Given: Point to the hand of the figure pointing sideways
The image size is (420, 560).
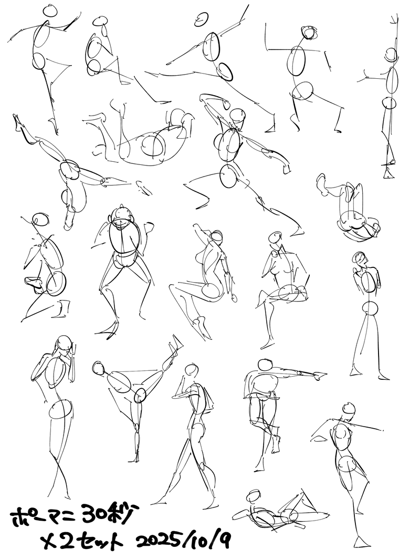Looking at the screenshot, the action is [x=319, y=375].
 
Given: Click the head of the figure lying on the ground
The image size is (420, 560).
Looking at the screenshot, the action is [x=254, y=496].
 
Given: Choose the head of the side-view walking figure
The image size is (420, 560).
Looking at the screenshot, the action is [x=191, y=370].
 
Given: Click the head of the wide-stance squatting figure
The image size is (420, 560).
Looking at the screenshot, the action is [x=121, y=215].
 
